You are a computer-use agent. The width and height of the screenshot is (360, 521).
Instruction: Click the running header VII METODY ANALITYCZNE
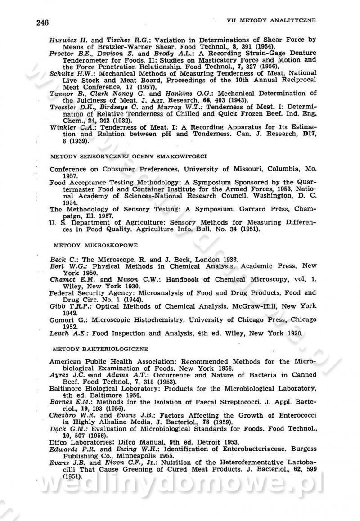(271, 20)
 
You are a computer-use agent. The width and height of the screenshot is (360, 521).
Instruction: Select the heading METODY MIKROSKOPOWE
(95, 245)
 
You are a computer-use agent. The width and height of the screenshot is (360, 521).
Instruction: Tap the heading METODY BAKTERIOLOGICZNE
(100, 349)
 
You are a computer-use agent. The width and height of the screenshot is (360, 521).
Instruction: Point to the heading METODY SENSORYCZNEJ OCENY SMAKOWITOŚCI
(128, 156)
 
